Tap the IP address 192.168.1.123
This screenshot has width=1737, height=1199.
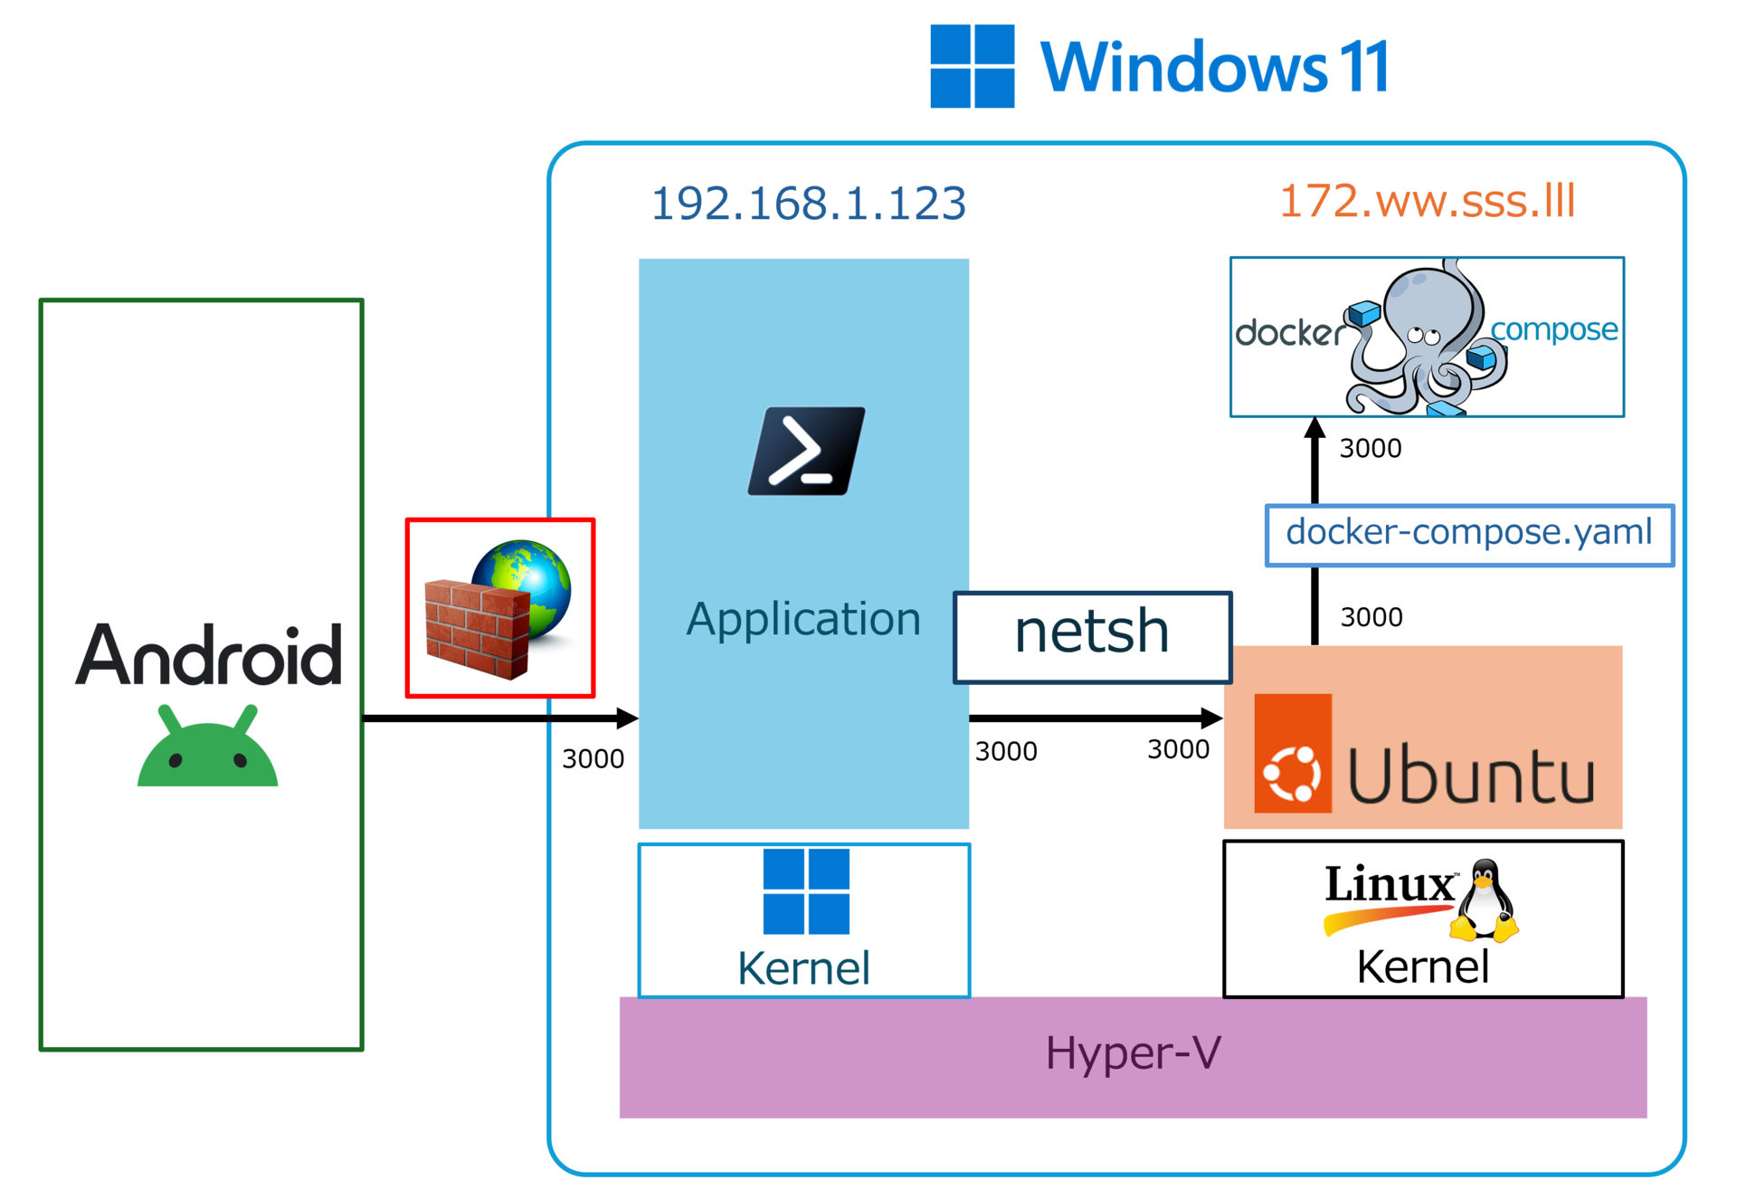pos(809,203)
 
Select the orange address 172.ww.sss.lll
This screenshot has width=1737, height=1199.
pos(1428,200)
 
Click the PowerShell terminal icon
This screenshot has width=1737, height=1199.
pos(806,451)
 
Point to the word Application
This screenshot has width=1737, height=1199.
pos(803,621)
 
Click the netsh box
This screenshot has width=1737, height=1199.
pos(1093,637)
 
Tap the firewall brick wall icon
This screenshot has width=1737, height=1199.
pos(478,630)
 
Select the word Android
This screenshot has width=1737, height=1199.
pos(209,654)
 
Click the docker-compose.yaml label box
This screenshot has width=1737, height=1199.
pos(1469,535)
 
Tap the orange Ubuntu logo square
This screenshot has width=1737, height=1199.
pos(1293,753)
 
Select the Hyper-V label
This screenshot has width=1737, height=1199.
pos(1133,1053)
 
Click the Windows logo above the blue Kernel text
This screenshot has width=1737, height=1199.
pos(806,891)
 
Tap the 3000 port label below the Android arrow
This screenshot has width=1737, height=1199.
pos(593,758)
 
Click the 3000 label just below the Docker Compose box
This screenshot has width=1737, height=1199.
pos(1371,448)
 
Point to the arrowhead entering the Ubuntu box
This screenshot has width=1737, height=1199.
pos(1212,718)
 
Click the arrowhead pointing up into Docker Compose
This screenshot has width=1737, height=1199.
pos(1315,428)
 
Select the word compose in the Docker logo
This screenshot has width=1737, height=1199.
pos(1554,330)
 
